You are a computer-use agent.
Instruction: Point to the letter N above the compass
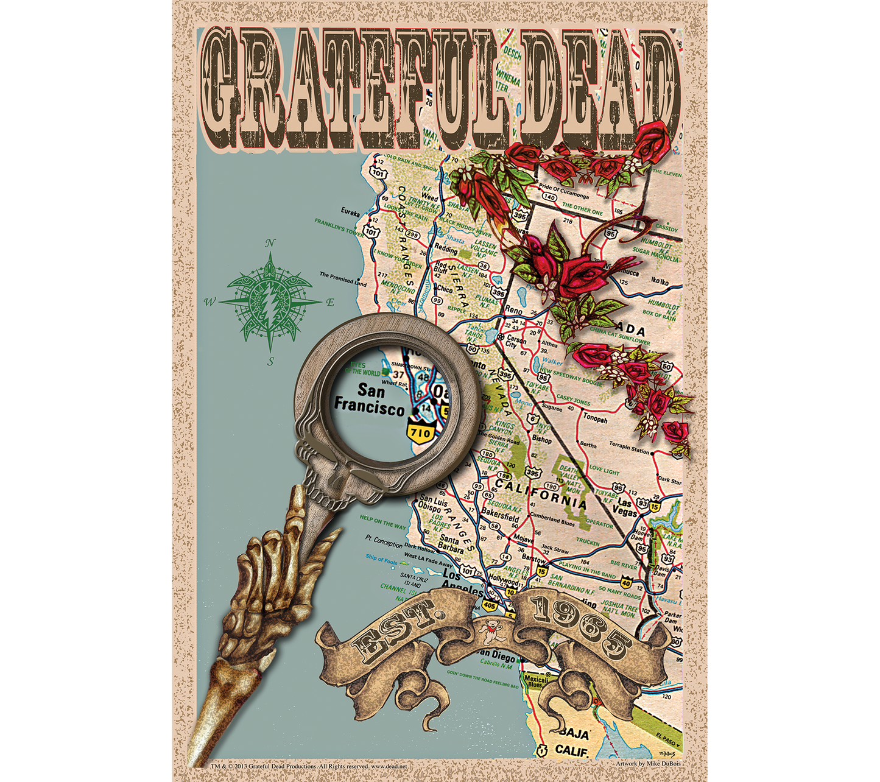(x=270, y=244)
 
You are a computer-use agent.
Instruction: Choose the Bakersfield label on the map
(x=500, y=513)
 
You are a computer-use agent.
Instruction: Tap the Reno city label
(x=513, y=310)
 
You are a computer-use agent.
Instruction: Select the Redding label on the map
(x=446, y=248)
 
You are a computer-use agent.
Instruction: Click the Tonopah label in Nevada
(x=595, y=418)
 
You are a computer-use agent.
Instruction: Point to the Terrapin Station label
(x=629, y=448)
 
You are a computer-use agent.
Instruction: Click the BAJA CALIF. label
(x=572, y=742)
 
